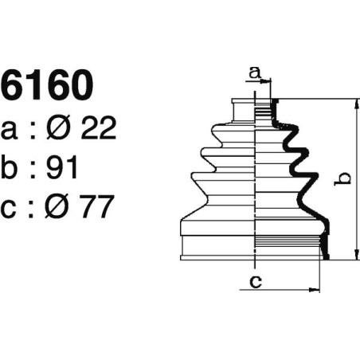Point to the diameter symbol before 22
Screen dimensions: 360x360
58,128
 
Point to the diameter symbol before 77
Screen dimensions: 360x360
58,207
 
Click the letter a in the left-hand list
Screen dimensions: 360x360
11,130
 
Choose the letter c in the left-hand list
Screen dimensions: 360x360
11,209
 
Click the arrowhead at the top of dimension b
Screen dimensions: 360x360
351,104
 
